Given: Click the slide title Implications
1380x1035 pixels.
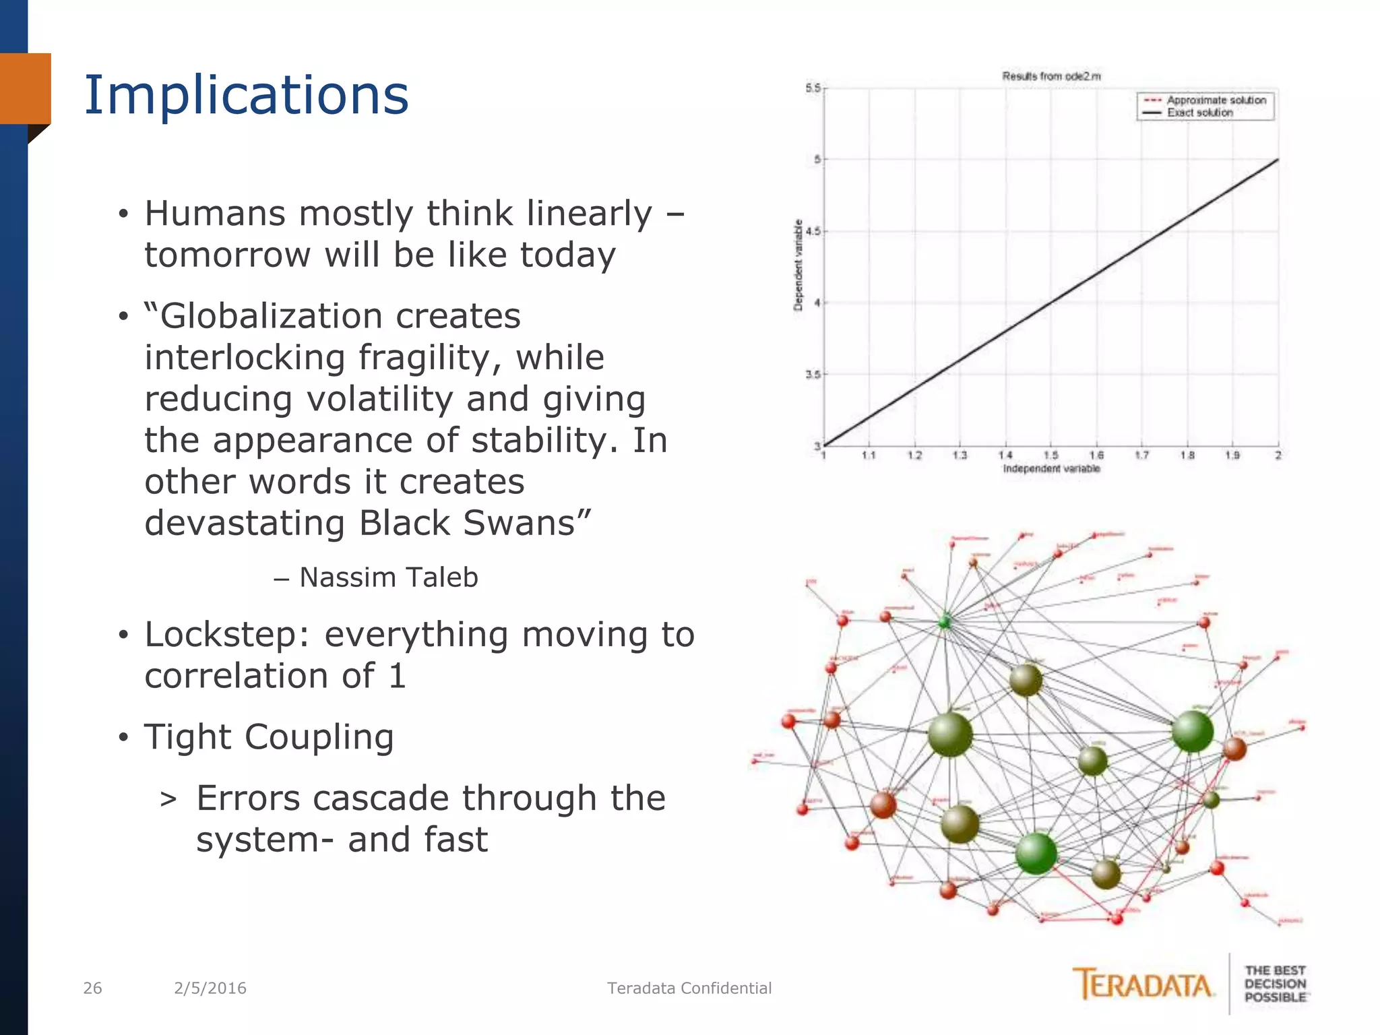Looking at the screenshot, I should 246,96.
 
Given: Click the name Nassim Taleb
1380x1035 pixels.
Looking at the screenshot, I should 388,577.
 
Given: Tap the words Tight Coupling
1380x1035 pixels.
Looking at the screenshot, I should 269,736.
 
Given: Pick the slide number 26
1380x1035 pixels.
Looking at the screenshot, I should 92,988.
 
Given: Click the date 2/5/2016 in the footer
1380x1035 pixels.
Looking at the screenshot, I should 210,988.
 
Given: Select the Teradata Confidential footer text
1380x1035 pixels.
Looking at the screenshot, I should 689,988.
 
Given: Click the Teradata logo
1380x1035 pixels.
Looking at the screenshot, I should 1143,985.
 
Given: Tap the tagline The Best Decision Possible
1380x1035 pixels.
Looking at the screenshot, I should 1275,984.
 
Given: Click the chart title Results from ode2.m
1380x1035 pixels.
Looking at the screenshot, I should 1051,76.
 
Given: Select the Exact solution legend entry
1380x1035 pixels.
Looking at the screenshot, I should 1199,113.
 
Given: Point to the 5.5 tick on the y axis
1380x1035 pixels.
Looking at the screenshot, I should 813,88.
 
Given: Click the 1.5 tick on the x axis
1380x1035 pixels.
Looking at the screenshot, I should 1050,456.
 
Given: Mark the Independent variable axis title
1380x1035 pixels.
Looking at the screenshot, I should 1051,469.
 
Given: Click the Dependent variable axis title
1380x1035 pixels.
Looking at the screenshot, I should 798,265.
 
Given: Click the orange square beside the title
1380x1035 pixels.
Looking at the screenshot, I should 26,88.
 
